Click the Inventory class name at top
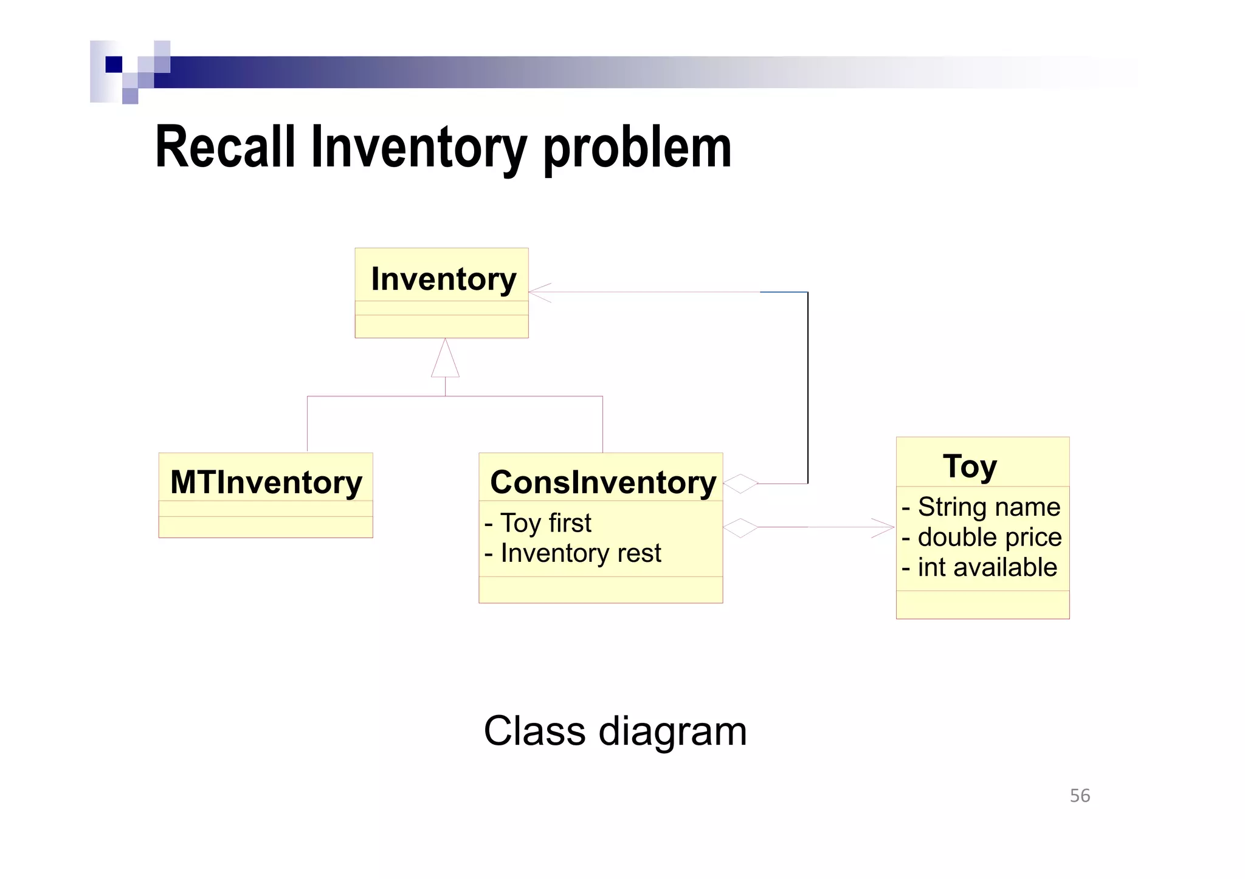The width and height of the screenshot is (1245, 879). tap(443, 279)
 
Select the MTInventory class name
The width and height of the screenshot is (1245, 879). tap(266, 482)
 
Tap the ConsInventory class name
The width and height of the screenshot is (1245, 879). tap(603, 482)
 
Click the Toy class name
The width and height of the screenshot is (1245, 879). tap(970, 467)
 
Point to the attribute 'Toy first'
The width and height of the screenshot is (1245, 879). tap(538, 523)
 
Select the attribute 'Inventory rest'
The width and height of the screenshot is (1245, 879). tap(573, 553)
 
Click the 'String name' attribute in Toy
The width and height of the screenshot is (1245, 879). tap(981, 507)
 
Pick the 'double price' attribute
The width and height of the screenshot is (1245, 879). tap(982, 537)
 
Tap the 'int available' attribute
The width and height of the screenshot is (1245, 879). tap(979, 567)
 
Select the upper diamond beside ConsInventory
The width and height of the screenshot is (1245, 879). tap(740, 484)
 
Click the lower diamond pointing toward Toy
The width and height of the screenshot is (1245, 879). tap(740, 527)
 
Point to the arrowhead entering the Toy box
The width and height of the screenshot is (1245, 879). tap(885, 527)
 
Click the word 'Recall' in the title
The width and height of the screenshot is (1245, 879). tap(225, 147)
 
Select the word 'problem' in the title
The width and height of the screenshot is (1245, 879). tap(637, 147)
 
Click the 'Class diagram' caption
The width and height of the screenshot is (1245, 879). tap(615, 731)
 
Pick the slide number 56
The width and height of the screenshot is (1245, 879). tap(1080, 796)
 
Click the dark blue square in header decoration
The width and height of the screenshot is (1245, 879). tap(114, 64)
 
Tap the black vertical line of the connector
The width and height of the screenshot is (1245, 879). tap(807, 389)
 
